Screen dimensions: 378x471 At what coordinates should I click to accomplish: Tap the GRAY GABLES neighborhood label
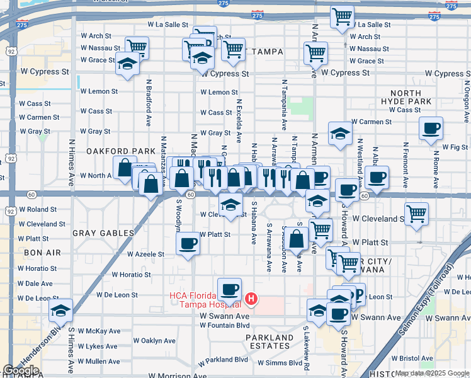point(103,233)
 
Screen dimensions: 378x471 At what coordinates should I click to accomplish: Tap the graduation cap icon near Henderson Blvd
point(60,311)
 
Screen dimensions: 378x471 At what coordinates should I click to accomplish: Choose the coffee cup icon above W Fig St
point(431,129)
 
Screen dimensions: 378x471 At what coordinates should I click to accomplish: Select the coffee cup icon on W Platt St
point(188,243)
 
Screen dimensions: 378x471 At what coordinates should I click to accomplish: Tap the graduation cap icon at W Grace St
point(128,64)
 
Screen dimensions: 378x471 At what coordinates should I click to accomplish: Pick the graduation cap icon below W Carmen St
point(340,133)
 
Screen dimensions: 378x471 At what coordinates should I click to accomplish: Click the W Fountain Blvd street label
point(225,325)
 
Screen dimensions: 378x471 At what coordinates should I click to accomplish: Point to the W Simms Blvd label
point(278,363)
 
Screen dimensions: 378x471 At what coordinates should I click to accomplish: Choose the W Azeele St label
point(145,255)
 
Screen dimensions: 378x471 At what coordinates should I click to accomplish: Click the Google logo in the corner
point(21,370)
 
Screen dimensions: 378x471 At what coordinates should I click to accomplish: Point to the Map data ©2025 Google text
point(431,374)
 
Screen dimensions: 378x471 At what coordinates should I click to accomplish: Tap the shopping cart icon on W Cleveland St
point(416,215)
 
